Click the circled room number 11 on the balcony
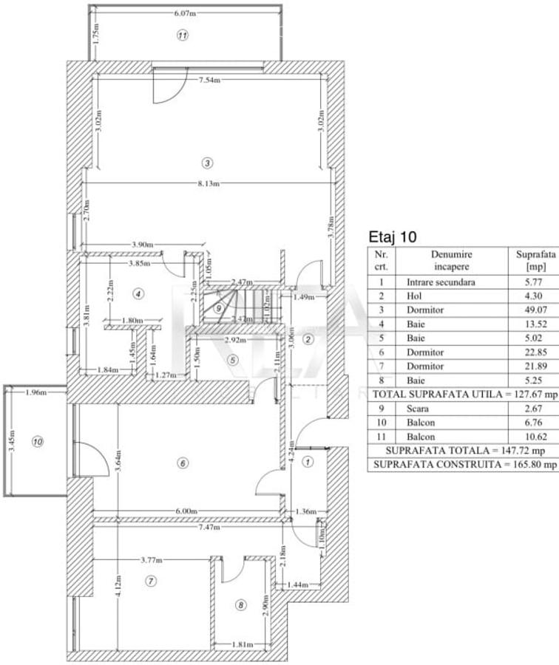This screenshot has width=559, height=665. pyautogui.click(x=183, y=35)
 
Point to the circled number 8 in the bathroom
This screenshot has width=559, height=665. pyautogui.click(x=240, y=605)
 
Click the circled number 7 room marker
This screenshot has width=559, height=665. pyautogui.click(x=151, y=582)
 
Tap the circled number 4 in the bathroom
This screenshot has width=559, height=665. pyautogui.click(x=138, y=293)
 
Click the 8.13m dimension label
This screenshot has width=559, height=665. pyautogui.click(x=209, y=184)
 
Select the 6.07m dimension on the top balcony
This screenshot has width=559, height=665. pyautogui.click(x=185, y=13)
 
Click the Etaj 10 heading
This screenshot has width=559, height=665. pyautogui.click(x=392, y=238)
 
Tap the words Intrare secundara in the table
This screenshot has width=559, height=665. pyautogui.click(x=441, y=282)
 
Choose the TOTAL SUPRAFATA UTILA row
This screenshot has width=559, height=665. pyautogui.click(x=463, y=395)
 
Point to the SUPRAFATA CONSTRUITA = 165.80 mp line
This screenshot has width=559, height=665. pyautogui.click(x=463, y=465)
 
